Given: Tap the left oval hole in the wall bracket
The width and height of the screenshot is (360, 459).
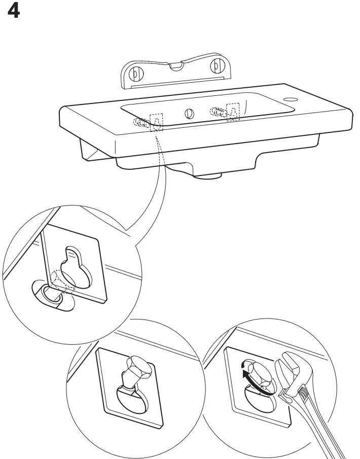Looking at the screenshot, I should pyautogui.click(x=135, y=73).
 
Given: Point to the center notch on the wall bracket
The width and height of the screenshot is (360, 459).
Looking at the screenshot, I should pyautogui.click(x=175, y=65).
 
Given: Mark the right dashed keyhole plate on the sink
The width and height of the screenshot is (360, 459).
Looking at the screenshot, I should pyautogui.click(x=233, y=112).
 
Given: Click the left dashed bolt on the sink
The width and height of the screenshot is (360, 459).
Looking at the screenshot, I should pyautogui.click(x=142, y=122).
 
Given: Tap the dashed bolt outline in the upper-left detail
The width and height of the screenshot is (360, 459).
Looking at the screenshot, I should pyautogui.click(x=62, y=281).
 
